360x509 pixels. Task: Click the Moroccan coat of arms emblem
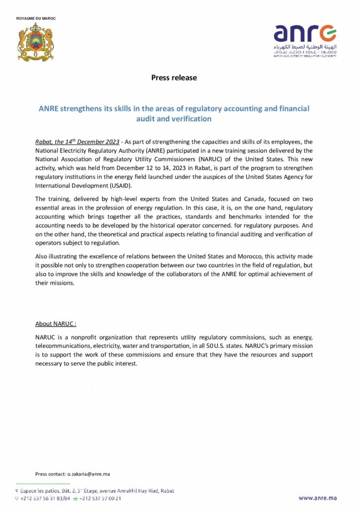pyautogui.click(x=35, y=42)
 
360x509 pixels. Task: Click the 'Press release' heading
pyautogui.click(x=174, y=78)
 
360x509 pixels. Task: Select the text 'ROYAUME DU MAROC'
pyautogui.click(x=36, y=18)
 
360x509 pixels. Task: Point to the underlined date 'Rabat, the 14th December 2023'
pyautogui.click(x=78, y=142)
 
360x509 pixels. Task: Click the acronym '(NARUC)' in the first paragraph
pyautogui.click(x=216, y=159)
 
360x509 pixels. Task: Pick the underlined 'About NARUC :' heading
pyautogui.click(x=56, y=324)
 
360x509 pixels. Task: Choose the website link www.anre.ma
pyautogui.click(x=318, y=498)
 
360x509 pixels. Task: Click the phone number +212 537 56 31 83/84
pyautogui.click(x=45, y=498)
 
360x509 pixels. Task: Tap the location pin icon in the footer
pyautogui.click(x=17, y=491)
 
